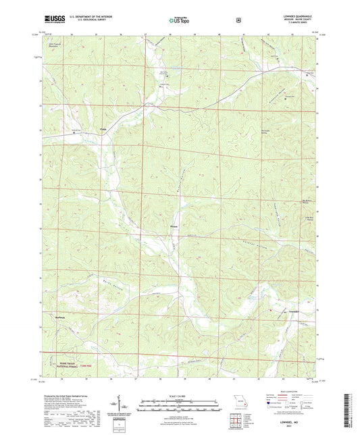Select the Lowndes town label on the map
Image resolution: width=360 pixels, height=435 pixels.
pyautogui.click(x=276, y=311)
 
